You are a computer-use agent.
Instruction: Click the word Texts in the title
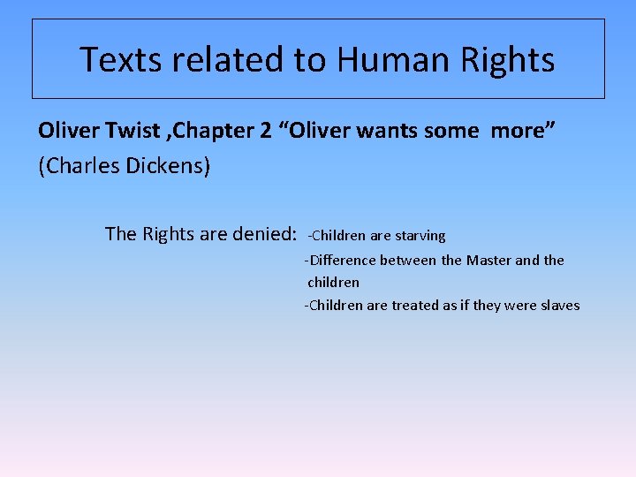click(x=119, y=60)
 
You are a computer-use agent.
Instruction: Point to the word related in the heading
click(x=225, y=60)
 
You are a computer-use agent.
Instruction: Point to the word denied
click(x=261, y=234)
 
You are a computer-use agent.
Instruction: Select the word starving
click(x=420, y=236)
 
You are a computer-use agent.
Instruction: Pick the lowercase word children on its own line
click(x=333, y=283)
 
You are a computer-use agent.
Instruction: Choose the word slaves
click(x=558, y=306)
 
